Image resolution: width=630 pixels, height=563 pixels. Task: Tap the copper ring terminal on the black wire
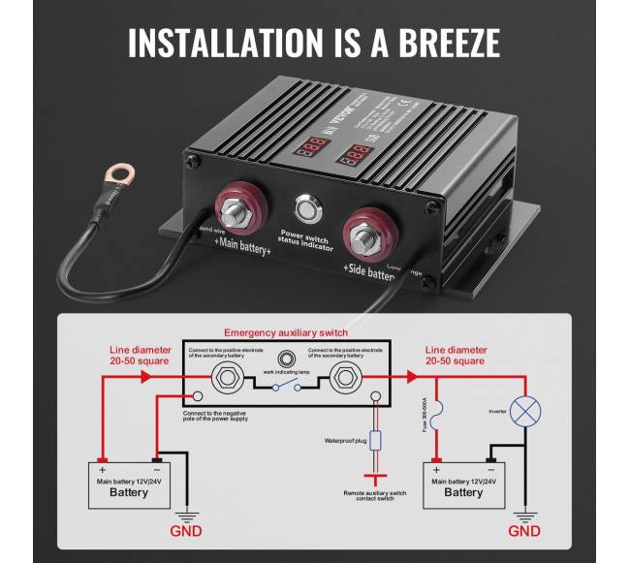pyautogui.click(x=120, y=175)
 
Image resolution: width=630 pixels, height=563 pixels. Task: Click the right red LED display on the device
pyautogui.click(x=356, y=153)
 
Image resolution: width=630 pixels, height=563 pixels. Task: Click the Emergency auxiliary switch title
pyautogui.click(x=286, y=332)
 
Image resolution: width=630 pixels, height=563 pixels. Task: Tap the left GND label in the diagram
pyautogui.click(x=186, y=531)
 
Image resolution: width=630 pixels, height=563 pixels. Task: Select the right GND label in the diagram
pyautogui.click(x=524, y=531)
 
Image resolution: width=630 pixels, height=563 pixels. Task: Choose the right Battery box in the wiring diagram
pyautogui.click(x=463, y=486)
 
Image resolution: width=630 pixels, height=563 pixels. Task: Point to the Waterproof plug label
pyautogui.click(x=345, y=440)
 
